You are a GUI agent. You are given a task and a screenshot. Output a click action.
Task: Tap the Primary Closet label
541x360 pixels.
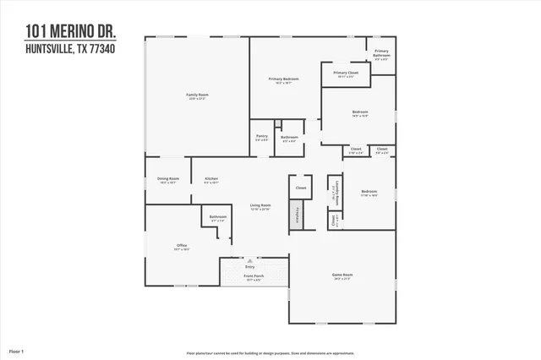coord(345,74)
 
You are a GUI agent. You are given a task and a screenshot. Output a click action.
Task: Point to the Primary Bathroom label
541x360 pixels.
coord(381,53)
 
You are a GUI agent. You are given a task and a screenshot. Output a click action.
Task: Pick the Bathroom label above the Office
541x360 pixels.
coord(218,217)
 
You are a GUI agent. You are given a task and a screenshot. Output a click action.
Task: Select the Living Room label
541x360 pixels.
coord(260,205)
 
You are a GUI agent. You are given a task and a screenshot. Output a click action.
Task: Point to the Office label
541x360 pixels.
coord(182,246)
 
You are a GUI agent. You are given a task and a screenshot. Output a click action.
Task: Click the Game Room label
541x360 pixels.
coord(342,275)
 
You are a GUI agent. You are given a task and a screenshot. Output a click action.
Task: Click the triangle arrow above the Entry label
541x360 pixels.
coord(249,261)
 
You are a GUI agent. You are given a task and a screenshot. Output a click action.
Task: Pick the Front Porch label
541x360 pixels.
coord(254,275)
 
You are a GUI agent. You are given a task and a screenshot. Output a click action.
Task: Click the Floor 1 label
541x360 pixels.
coord(16,350)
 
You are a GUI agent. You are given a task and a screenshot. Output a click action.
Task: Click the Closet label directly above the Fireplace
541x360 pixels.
coord(300,188)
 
